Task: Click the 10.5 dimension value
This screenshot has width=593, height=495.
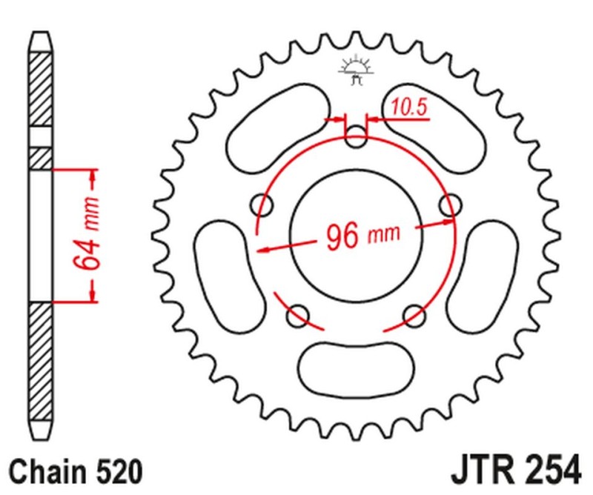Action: pyautogui.click(x=409, y=109)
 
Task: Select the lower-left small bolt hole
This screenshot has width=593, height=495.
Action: pyautogui.click(x=297, y=318)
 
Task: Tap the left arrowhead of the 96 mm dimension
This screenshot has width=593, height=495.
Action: pyautogui.click(x=262, y=249)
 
